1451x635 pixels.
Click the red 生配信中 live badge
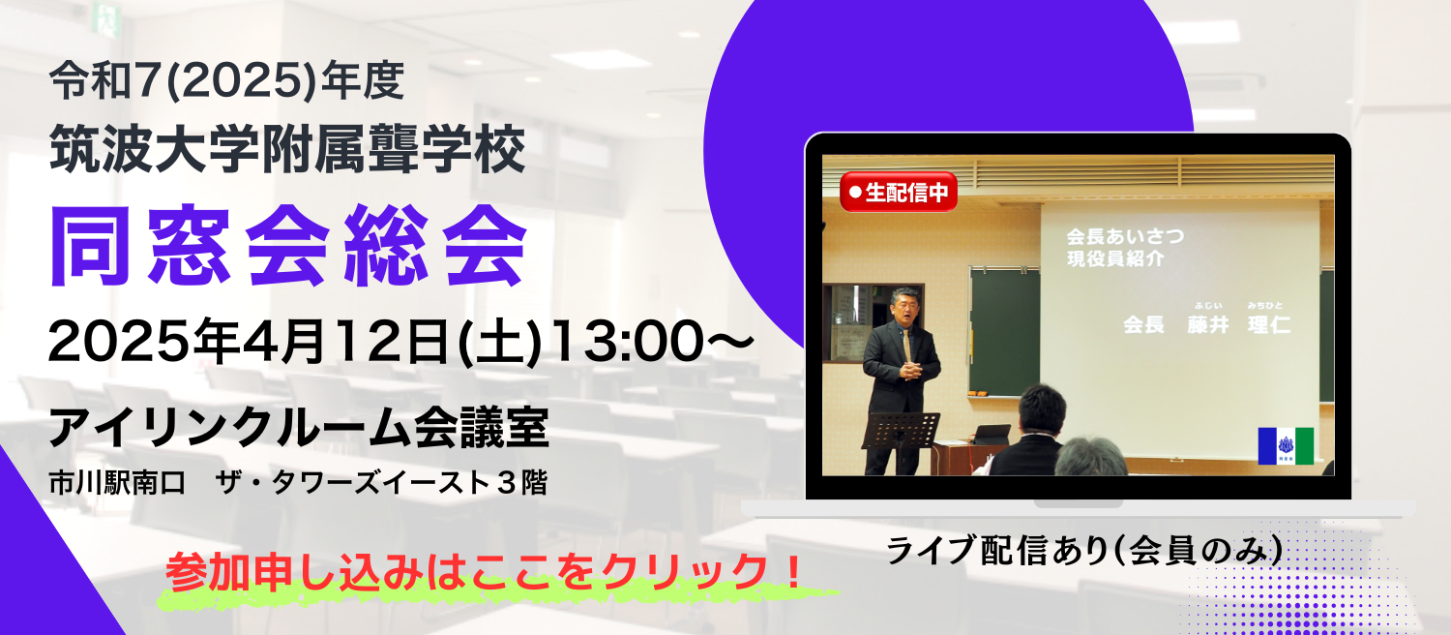point(899,192)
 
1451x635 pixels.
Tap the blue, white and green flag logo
point(1286,446)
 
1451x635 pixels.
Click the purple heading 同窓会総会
point(289,246)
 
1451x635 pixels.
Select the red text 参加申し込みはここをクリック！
point(484,571)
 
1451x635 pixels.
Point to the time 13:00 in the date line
point(628,342)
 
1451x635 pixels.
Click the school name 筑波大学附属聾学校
point(287,148)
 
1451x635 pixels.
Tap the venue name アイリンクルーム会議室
point(299,427)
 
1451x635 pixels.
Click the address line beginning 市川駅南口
point(298,483)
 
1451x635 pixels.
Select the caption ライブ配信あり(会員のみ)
point(1084,551)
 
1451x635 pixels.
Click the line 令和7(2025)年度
point(226,81)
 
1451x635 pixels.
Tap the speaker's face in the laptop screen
point(904,306)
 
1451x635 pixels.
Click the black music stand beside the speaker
point(901,430)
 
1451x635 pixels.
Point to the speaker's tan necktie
point(906,344)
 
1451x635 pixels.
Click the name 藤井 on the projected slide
point(1208,324)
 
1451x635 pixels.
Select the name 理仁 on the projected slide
point(1269,324)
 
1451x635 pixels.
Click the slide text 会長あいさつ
point(1125,236)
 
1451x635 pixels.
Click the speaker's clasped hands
point(911,370)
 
